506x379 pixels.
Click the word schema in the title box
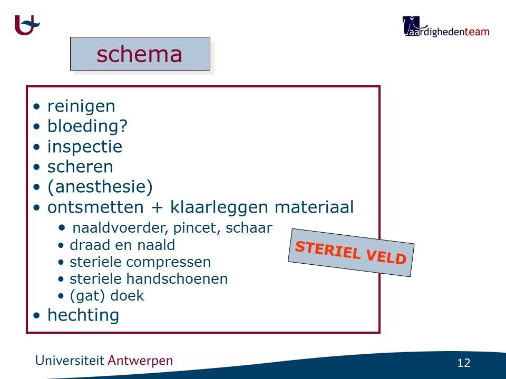click(139, 54)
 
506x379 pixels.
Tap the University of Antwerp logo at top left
click(27, 25)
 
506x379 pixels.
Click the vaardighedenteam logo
click(446, 27)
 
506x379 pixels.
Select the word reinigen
click(81, 106)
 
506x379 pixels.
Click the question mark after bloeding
click(123, 125)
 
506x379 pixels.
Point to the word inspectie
click(85, 147)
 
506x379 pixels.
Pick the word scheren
click(80, 167)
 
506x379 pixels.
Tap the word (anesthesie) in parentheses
click(100, 187)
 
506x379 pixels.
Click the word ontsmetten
click(95, 207)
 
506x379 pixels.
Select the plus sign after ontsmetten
click(157, 207)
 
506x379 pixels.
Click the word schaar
click(249, 228)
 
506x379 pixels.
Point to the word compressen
click(169, 262)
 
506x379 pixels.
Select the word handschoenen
click(177, 279)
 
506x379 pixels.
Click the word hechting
click(83, 315)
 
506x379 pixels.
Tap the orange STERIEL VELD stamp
click(351, 253)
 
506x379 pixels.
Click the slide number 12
click(464, 363)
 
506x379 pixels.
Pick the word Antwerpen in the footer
click(140, 361)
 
